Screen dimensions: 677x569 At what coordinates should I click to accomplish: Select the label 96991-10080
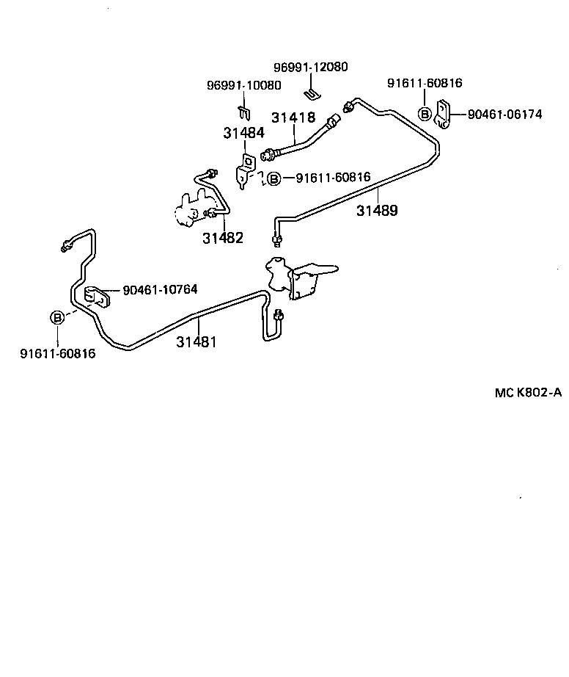[243, 85]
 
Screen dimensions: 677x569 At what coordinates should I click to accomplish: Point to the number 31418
[293, 117]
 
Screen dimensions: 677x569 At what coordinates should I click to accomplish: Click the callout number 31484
[244, 133]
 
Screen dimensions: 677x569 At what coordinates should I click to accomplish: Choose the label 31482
[223, 238]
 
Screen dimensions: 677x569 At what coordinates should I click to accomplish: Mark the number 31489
[377, 211]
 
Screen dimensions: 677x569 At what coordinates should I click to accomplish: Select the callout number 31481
[196, 342]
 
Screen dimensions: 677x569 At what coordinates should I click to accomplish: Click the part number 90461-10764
[160, 290]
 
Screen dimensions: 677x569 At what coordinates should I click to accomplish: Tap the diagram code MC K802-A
[528, 393]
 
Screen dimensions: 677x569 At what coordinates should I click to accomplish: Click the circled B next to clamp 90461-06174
[425, 113]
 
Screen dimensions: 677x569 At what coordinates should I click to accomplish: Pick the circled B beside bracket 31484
[274, 178]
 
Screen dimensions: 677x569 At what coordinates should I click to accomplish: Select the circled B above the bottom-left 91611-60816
[57, 318]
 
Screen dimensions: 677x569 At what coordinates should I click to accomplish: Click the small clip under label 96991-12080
[312, 93]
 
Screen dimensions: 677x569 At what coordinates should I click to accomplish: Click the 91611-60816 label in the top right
[425, 83]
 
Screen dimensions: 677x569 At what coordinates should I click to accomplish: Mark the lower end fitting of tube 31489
[277, 239]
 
